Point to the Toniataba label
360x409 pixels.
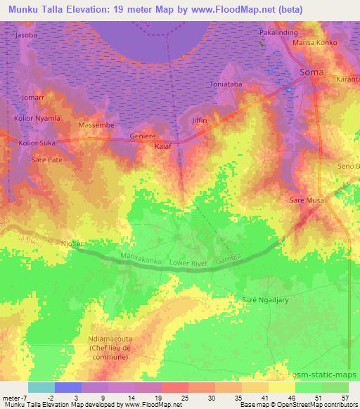[x=226, y=85]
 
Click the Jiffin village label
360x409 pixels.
[x=199, y=121]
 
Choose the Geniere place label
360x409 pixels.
[x=143, y=136]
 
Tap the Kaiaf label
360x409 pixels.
[x=162, y=147]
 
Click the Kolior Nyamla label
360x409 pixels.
[x=37, y=118]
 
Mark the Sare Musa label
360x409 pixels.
[x=307, y=201]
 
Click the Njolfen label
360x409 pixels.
[x=72, y=244]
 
